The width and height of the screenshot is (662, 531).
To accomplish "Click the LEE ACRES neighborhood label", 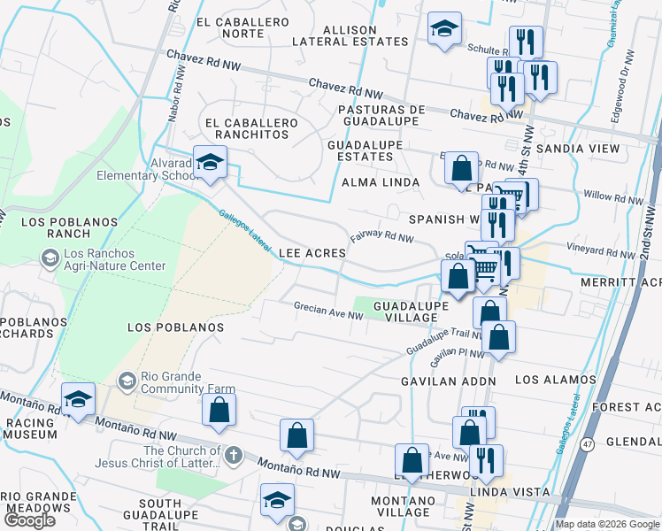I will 312,253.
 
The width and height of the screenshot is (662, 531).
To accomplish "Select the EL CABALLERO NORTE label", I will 230,27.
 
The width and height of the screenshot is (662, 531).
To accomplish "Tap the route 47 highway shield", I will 587,444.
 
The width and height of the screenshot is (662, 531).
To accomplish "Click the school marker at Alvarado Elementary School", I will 210,162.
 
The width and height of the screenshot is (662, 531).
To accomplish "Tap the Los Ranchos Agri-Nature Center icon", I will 50,258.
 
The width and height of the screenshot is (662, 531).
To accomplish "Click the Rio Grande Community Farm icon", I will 127,381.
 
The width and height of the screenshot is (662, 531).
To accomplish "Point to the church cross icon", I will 233,457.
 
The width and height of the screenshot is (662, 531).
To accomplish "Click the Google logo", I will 29,520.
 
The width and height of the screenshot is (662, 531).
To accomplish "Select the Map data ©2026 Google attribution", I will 607,524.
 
